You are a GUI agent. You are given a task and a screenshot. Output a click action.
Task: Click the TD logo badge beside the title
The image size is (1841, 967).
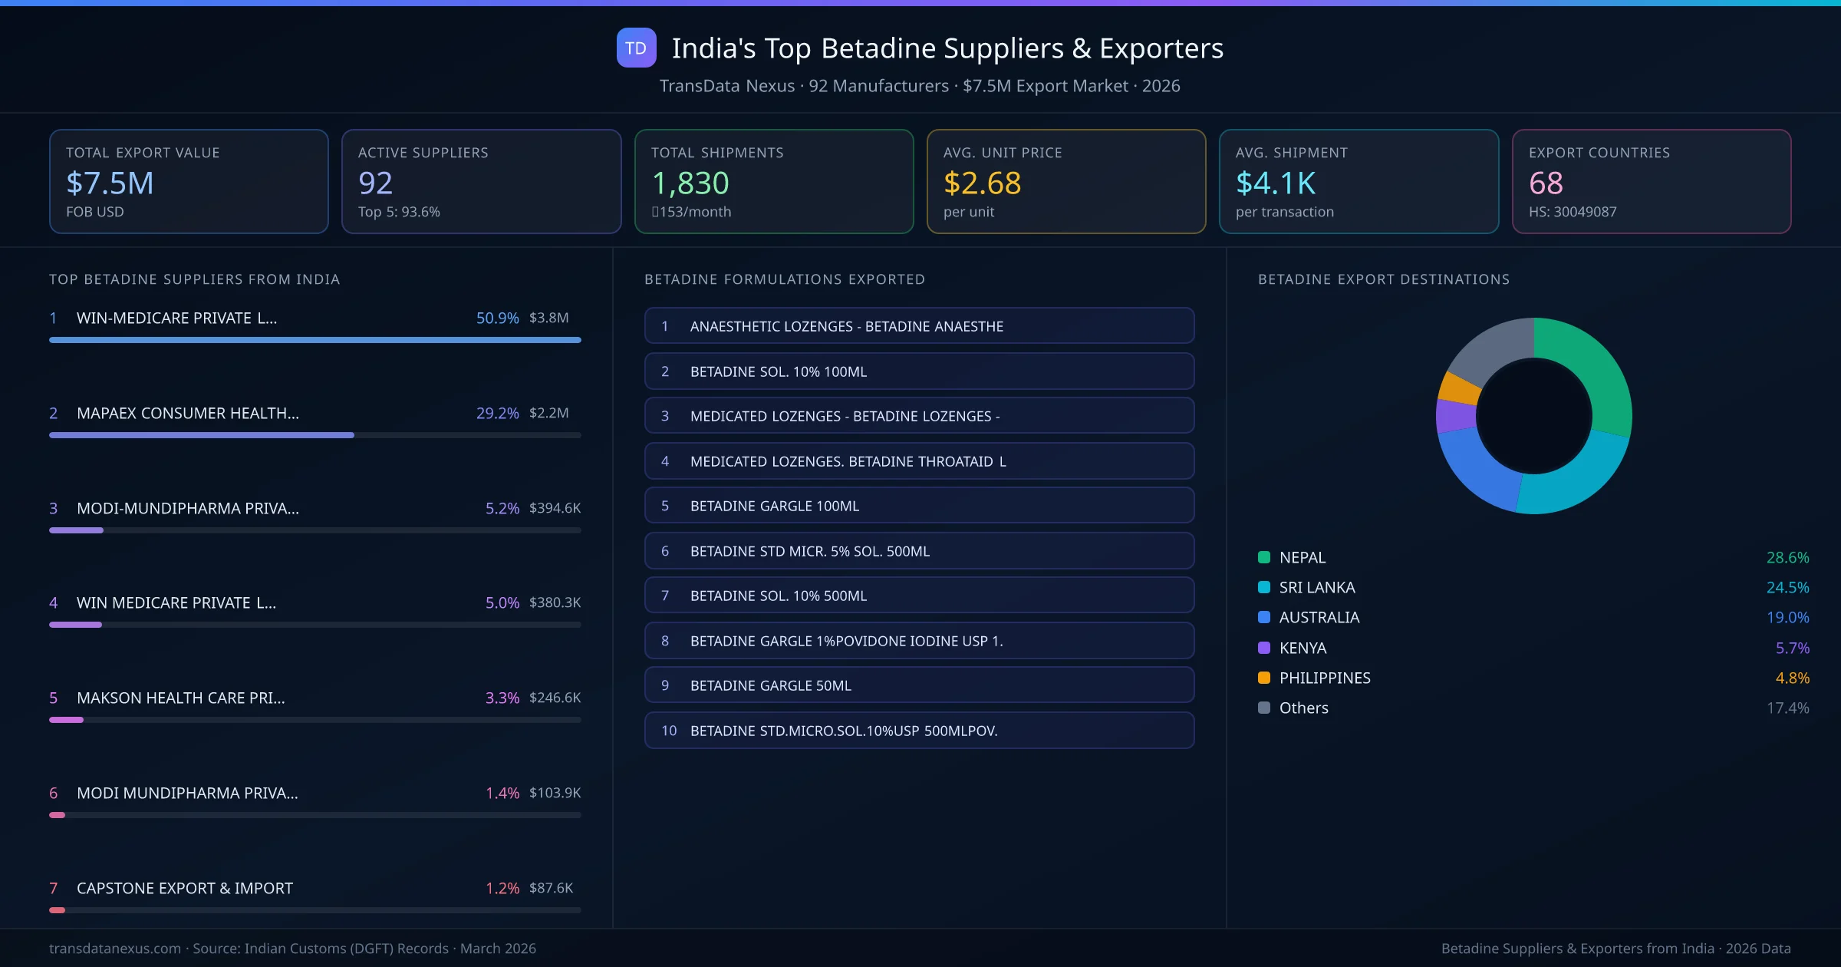636,48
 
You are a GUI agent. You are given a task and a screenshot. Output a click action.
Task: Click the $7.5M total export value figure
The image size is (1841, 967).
110,183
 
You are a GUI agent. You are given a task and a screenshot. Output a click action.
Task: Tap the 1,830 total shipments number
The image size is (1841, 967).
690,183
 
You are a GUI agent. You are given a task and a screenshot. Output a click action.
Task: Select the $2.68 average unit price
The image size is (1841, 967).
982,183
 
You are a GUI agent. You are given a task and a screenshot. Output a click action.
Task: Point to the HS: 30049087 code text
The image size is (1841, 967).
1572,212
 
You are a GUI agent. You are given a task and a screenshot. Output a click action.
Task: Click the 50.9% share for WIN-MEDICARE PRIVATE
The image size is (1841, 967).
497,318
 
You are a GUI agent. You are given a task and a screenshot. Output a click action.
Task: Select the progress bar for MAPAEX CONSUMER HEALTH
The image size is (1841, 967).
202,435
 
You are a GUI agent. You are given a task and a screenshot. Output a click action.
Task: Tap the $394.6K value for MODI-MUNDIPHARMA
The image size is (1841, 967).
555,508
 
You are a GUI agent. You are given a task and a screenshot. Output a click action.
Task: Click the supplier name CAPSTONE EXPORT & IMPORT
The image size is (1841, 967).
184,888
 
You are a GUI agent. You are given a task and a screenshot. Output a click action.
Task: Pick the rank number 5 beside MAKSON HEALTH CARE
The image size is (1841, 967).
54,698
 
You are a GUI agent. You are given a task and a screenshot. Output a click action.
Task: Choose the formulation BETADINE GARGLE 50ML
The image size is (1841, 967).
770,685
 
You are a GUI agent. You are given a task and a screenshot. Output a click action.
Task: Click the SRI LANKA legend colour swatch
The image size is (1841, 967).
1264,587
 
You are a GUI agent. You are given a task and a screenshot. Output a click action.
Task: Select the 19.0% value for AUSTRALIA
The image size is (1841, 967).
1787,617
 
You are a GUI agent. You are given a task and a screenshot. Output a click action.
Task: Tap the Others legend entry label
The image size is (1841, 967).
1303,708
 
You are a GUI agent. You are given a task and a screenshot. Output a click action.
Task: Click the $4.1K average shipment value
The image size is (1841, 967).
1275,183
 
